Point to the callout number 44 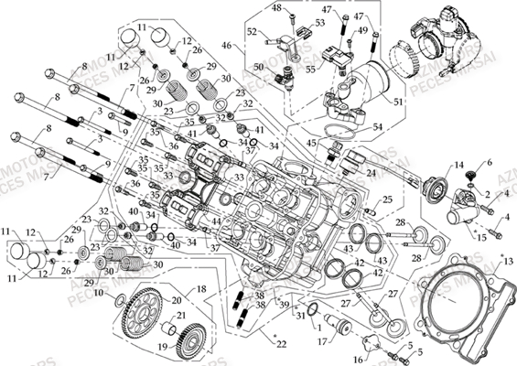tap(218, 221)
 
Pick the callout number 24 tap(372, 172)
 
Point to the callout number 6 tap(488, 163)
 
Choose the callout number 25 tap(387, 199)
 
